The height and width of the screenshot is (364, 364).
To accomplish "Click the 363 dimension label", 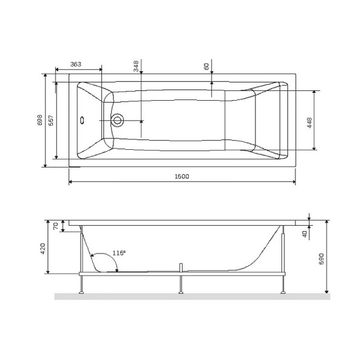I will click(76, 64).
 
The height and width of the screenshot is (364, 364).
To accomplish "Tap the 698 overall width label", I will click(40, 120).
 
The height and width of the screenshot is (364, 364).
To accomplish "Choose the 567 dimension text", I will click(52, 120).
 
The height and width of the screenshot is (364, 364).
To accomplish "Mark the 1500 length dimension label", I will click(181, 177).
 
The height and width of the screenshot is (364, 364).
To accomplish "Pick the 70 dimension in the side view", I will click(56, 226).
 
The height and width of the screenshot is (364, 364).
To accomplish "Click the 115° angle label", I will click(119, 253).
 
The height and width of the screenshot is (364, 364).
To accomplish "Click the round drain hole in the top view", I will click(118, 120).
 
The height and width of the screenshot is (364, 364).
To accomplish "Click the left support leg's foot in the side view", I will click(81, 293).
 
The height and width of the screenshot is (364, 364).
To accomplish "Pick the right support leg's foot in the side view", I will click(282, 293).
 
